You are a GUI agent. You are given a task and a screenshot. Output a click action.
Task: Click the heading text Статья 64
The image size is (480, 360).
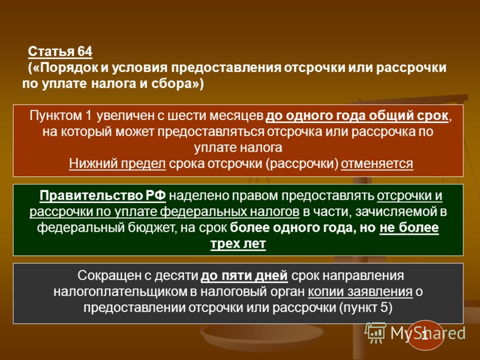click(x=60, y=52)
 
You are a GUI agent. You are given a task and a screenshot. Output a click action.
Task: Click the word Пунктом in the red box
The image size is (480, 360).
click(x=56, y=116)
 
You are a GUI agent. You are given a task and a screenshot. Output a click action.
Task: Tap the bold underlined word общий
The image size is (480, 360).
click(x=391, y=116)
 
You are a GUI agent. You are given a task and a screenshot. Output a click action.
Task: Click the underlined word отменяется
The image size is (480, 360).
click(x=377, y=164)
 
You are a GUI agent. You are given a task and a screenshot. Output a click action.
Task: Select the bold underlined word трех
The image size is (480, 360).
click(x=224, y=244)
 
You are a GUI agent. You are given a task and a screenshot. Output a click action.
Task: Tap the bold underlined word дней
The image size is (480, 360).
click(x=272, y=275)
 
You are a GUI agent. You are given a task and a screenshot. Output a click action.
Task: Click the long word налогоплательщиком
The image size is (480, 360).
click(x=121, y=292)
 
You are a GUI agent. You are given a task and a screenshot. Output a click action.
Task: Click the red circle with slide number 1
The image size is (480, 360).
click(x=425, y=335)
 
